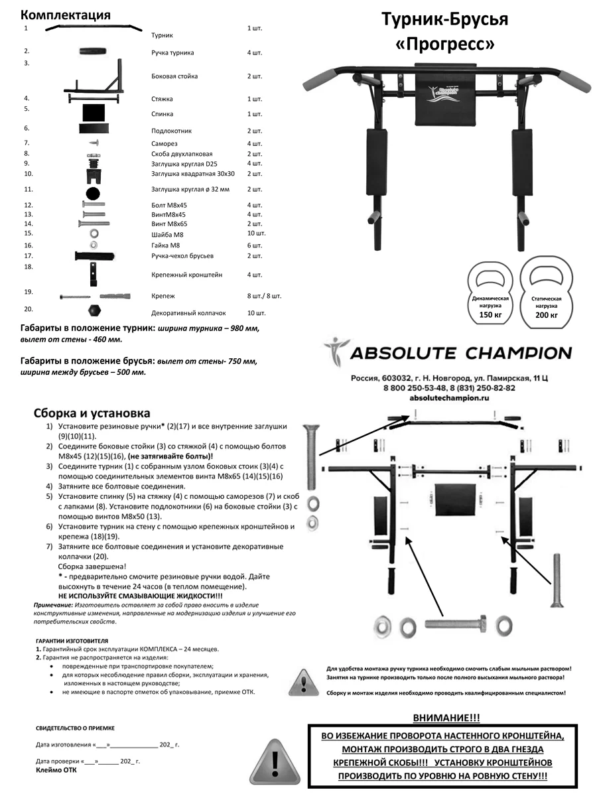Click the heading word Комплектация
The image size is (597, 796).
[66, 15]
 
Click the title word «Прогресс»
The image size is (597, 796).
[444, 44]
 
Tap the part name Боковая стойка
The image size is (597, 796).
[174, 76]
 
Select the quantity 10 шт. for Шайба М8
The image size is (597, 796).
[256, 233]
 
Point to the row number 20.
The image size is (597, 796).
[28, 309]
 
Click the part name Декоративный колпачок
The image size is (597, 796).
[188, 312]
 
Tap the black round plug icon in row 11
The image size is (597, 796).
[93, 193]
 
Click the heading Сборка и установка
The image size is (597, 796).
[92, 413]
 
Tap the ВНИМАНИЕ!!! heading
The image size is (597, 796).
[446, 718]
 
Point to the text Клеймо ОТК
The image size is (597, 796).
[56, 771]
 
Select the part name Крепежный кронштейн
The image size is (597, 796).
[187, 275]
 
